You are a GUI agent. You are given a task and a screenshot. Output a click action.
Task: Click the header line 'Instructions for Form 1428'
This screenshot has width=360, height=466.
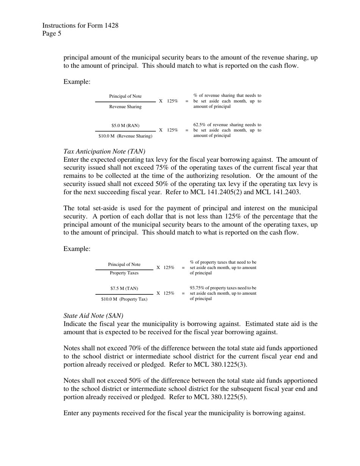(80, 26)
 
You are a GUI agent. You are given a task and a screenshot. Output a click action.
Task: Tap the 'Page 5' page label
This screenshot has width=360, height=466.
(52, 34)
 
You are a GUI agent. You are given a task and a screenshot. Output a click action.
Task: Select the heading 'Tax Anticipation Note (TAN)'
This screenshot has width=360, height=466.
(104, 152)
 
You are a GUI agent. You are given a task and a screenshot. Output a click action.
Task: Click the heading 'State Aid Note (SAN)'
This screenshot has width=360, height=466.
(94, 316)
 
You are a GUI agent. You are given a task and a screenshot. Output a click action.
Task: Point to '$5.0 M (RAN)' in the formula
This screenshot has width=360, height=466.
(125, 125)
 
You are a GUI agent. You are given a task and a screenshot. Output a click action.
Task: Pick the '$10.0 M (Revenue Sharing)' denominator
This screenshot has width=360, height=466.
(125, 136)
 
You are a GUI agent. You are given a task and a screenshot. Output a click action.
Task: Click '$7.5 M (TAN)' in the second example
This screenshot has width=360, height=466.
(124, 288)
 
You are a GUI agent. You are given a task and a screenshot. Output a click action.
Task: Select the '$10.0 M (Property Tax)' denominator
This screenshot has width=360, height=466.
(124, 299)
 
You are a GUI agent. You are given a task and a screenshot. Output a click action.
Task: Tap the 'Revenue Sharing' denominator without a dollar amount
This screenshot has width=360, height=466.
(125, 107)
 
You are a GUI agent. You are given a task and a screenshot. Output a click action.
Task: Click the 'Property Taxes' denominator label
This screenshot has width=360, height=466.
(124, 273)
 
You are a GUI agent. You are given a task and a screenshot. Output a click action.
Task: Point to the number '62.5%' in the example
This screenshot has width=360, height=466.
(200, 125)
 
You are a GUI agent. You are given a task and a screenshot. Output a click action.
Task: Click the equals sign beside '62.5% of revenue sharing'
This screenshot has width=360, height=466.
(187, 130)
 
